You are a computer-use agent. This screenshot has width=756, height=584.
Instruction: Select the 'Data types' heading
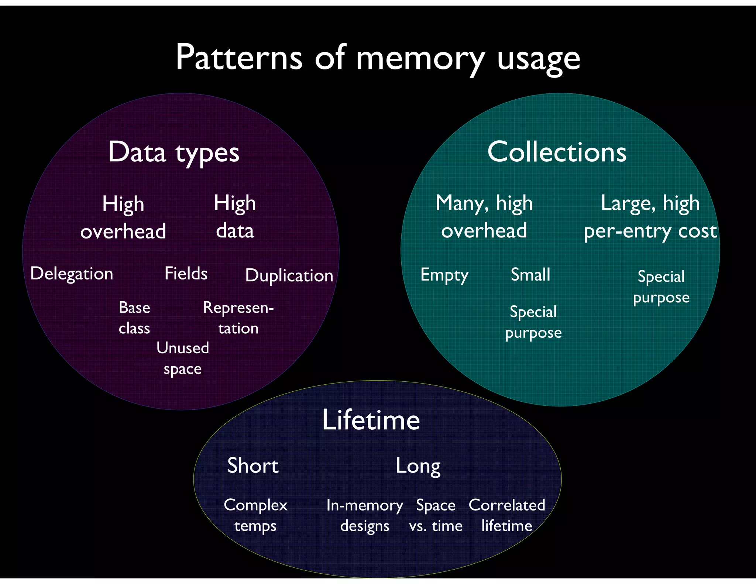pyautogui.click(x=173, y=152)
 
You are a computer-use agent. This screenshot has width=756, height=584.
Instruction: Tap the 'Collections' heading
pyautogui.click(x=557, y=152)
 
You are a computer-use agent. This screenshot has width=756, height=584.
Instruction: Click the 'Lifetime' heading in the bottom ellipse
pyautogui.click(x=371, y=420)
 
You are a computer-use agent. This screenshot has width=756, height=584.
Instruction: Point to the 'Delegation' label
pyautogui.click(x=72, y=274)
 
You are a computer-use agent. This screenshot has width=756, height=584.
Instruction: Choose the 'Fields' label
pyautogui.click(x=186, y=274)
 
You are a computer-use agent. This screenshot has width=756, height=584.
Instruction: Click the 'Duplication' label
pyautogui.click(x=289, y=276)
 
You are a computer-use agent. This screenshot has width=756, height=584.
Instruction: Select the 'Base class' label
pyautogui.click(x=134, y=318)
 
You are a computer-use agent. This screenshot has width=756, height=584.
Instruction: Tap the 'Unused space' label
pyautogui.click(x=183, y=358)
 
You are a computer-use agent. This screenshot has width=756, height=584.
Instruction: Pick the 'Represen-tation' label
pyautogui.click(x=238, y=318)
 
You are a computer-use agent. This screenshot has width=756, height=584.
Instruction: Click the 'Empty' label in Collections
pyautogui.click(x=444, y=275)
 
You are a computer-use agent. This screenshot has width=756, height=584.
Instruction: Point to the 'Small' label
pyautogui.click(x=530, y=275)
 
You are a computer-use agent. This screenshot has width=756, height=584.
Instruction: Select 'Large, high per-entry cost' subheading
pyautogui.click(x=650, y=217)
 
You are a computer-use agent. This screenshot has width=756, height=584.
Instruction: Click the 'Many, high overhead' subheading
pyautogui.click(x=484, y=217)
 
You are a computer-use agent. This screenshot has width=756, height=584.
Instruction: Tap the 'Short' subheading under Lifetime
pyautogui.click(x=253, y=466)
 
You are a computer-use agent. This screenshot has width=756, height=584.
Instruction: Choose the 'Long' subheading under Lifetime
pyautogui.click(x=418, y=466)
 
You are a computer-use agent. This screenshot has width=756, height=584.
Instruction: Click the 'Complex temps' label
pyautogui.click(x=255, y=515)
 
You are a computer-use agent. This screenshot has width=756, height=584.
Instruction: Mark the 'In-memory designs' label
pyautogui.click(x=365, y=515)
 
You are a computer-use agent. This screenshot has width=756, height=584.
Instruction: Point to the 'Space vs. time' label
pyautogui.click(x=436, y=515)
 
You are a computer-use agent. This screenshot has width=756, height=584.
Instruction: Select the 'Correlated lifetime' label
pyautogui.click(x=507, y=515)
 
